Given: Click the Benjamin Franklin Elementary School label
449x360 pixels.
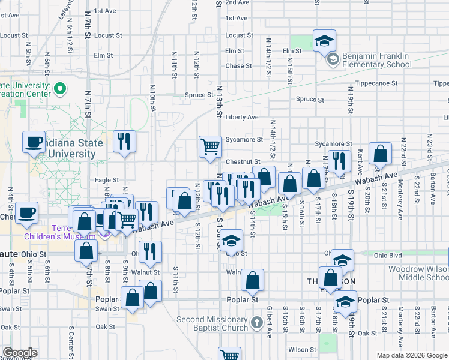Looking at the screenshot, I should click(376, 60).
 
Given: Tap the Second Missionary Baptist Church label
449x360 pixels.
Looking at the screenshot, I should click(212, 323).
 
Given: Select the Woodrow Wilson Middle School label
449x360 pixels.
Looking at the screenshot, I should click(418, 273).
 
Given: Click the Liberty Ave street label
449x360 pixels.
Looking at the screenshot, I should click(242, 117).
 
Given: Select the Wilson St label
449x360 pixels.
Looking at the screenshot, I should click(301, 349).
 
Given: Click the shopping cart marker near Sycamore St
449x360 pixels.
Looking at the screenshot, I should click(210, 146).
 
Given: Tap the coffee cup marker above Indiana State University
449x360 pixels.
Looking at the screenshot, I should click(34, 142).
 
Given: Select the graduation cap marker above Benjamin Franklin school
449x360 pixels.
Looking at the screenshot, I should click(325, 40).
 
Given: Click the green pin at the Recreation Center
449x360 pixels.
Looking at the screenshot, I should click(60, 89).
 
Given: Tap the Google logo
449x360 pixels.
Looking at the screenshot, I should click(20, 353).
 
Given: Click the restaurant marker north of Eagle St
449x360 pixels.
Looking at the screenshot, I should click(124, 142).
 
